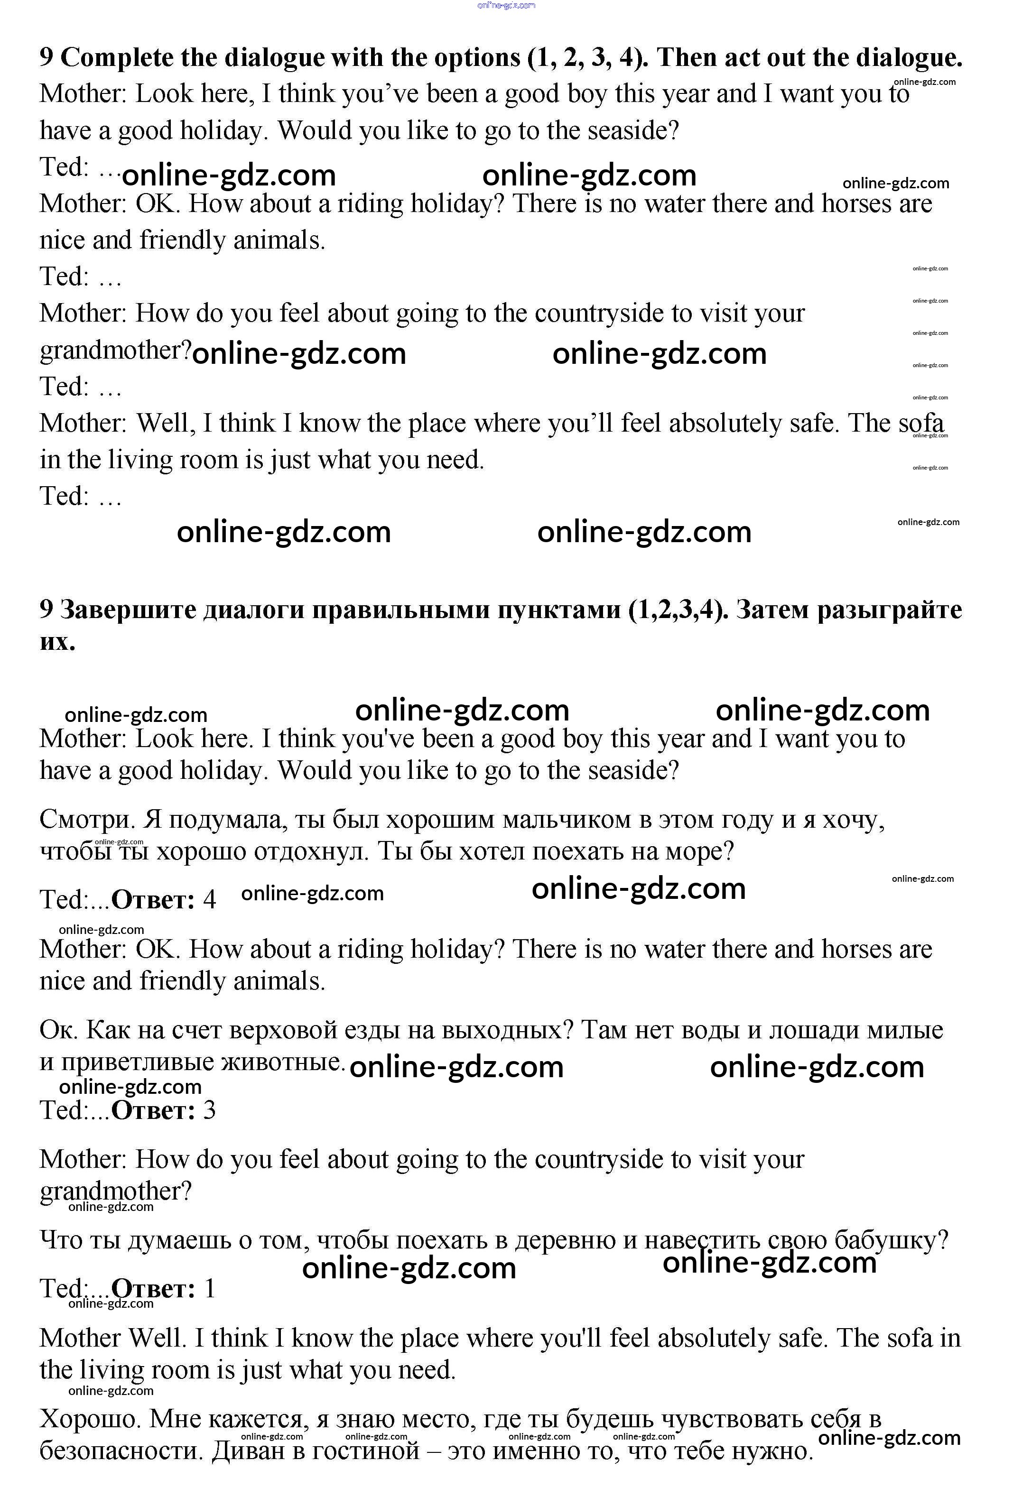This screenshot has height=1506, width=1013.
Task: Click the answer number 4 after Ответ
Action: (209, 900)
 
